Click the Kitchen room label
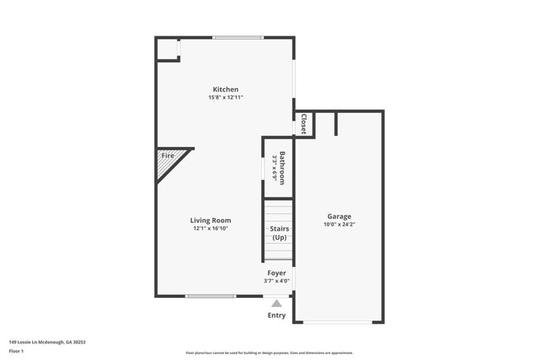click(226, 90)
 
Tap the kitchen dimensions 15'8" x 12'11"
click(226, 98)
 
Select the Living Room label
click(211, 221)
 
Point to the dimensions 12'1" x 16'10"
click(211, 228)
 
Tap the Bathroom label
click(282, 168)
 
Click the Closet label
click(303, 124)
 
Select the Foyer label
click(276, 273)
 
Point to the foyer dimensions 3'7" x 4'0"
click(276, 281)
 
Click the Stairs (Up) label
click(279, 233)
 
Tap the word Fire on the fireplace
click(168, 156)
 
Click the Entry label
click(276, 315)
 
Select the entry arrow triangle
click(276, 304)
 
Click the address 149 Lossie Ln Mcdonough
click(47, 342)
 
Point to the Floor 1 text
click(17, 351)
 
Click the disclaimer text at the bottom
click(269, 353)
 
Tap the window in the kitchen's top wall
click(238, 37)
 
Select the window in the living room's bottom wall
click(211, 296)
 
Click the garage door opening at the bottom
click(338, 322)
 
